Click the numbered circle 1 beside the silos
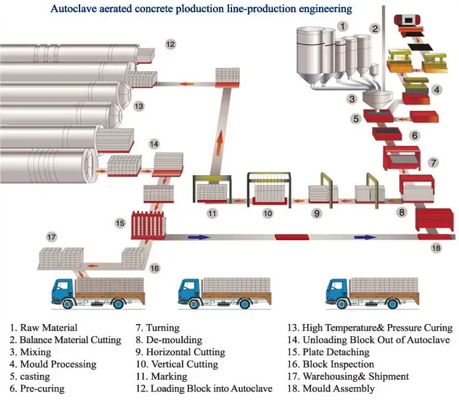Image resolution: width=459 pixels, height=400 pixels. (x=343, y=26)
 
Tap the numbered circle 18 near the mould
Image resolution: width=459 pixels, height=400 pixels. (x=436, y=247)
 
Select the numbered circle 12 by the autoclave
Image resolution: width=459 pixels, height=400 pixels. (x=170, y=43)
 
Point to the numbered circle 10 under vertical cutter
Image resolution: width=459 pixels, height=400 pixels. (x=267, y=213)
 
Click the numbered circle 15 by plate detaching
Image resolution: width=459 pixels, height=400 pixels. (x=120, y=224)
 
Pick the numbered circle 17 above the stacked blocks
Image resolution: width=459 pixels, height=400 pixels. (x=52, y=236)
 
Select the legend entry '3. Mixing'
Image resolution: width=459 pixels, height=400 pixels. (x=31, y=352)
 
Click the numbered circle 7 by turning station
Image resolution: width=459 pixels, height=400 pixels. (x=433, y=163)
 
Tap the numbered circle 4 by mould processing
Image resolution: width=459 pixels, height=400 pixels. (x=436, y=89)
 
